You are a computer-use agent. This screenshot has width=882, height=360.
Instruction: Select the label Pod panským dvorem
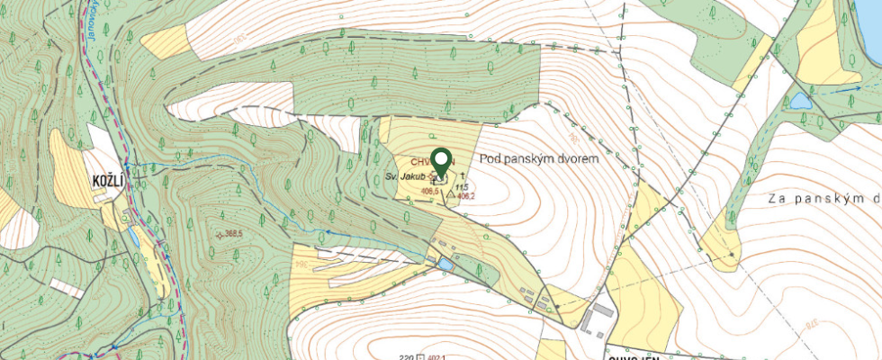539,157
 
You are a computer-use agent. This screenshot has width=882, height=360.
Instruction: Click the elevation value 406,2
466,194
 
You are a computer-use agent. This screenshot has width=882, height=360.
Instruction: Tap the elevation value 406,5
429,191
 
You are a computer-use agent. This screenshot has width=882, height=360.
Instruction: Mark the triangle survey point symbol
451,193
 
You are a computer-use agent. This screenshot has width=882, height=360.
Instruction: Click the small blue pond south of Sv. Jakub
446,264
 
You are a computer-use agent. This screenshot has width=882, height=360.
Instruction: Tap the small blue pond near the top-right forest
800,99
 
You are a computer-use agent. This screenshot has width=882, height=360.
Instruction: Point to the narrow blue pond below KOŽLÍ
134,237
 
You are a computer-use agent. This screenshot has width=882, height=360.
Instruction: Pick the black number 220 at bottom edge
405,356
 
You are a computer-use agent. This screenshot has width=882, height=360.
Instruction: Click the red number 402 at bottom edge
438,356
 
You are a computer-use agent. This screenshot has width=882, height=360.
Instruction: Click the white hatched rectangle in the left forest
67,288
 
